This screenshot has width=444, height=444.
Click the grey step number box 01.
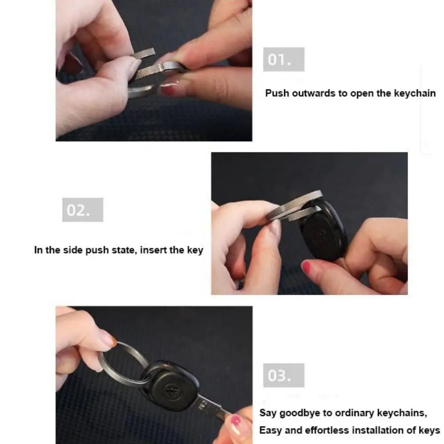pyautogui.click(x=284, y=59)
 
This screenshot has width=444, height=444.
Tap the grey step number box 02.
pyautogui.click(x=83, y=210)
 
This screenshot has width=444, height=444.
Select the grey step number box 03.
pyautogui.click(x=284, y=376)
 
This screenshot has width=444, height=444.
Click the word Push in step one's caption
pyautogui.click(x=277, y=93)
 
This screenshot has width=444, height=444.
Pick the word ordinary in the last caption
pyautogui.click(x=354, y=413)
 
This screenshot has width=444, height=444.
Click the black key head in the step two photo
pyautogui.click(x=323, y=230)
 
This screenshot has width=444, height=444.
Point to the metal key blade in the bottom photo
pyautogui.click(x=212, y=409)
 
